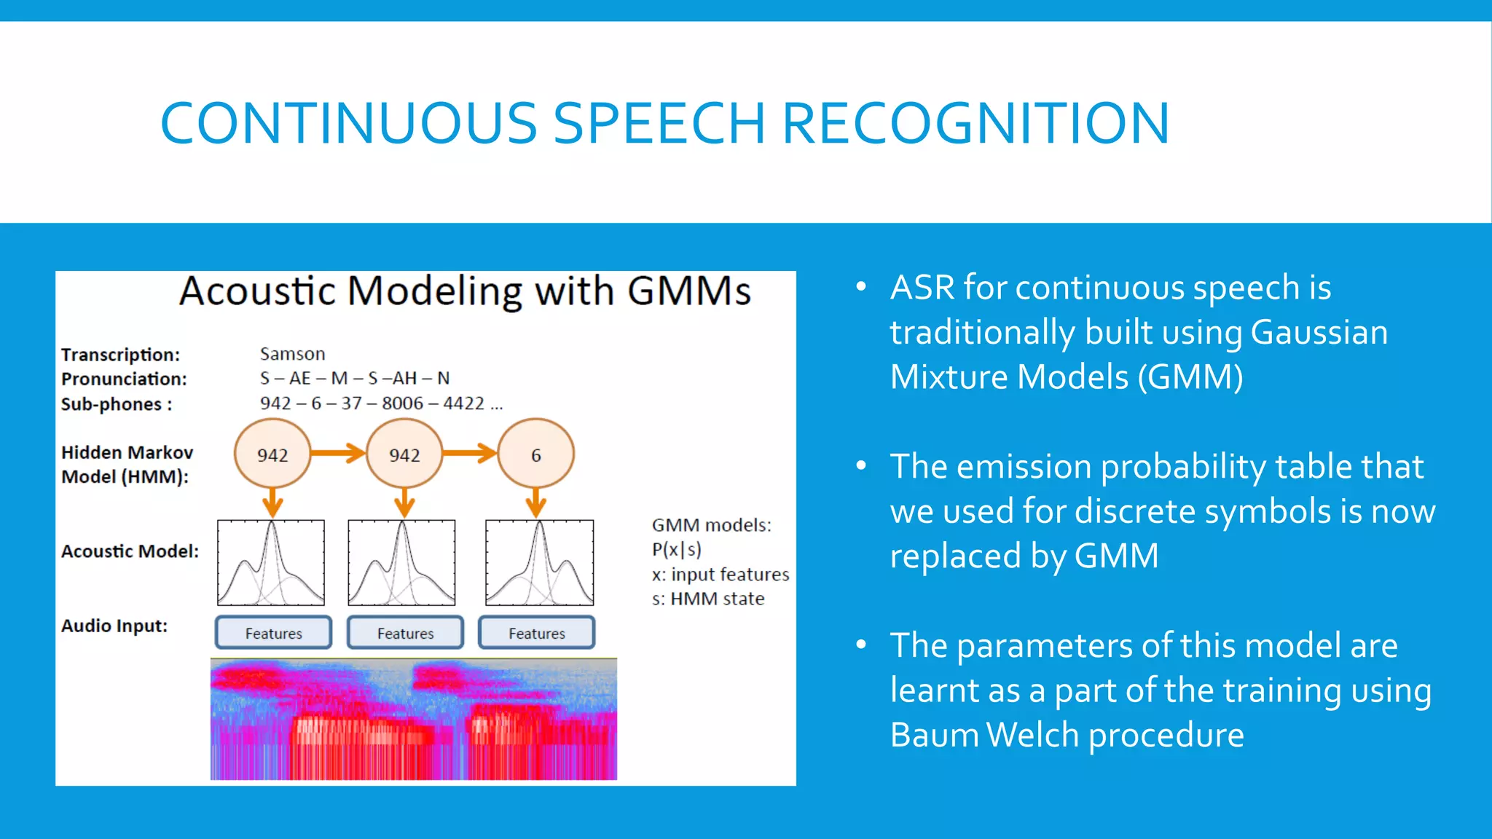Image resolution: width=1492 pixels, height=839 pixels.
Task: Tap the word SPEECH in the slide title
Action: point(659,123)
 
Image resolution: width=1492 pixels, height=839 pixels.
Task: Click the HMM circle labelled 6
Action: point(536,454)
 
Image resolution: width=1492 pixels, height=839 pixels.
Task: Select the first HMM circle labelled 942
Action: point(272,454)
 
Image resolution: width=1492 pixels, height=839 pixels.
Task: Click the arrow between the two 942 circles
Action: point(338,453)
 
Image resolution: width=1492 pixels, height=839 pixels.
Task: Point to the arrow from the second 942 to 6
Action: point(470,453)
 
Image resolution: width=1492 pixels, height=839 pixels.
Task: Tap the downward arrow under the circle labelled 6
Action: point(536,503)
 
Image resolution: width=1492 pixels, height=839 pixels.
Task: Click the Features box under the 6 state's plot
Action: point(536,633)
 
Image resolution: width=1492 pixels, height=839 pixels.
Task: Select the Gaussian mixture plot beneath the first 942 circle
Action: point(271,562)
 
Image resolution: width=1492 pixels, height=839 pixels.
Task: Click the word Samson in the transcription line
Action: point(292,354)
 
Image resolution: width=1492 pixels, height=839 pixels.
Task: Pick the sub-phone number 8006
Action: point(402,403)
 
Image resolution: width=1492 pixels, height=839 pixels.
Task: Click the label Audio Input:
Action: point(114,626)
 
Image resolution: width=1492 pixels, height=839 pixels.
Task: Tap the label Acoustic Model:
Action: point(130,551)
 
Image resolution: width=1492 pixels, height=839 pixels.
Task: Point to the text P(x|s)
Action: point(676,550)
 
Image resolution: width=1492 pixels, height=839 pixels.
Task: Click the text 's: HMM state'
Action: point(707,599)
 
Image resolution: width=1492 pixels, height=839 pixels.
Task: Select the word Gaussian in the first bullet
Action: point(1319,332)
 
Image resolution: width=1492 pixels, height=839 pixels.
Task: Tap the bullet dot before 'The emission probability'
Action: point(861,465)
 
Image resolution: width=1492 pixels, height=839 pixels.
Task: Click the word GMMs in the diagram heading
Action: point(688,291)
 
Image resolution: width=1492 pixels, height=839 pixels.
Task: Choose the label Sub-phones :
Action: point(117,404)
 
